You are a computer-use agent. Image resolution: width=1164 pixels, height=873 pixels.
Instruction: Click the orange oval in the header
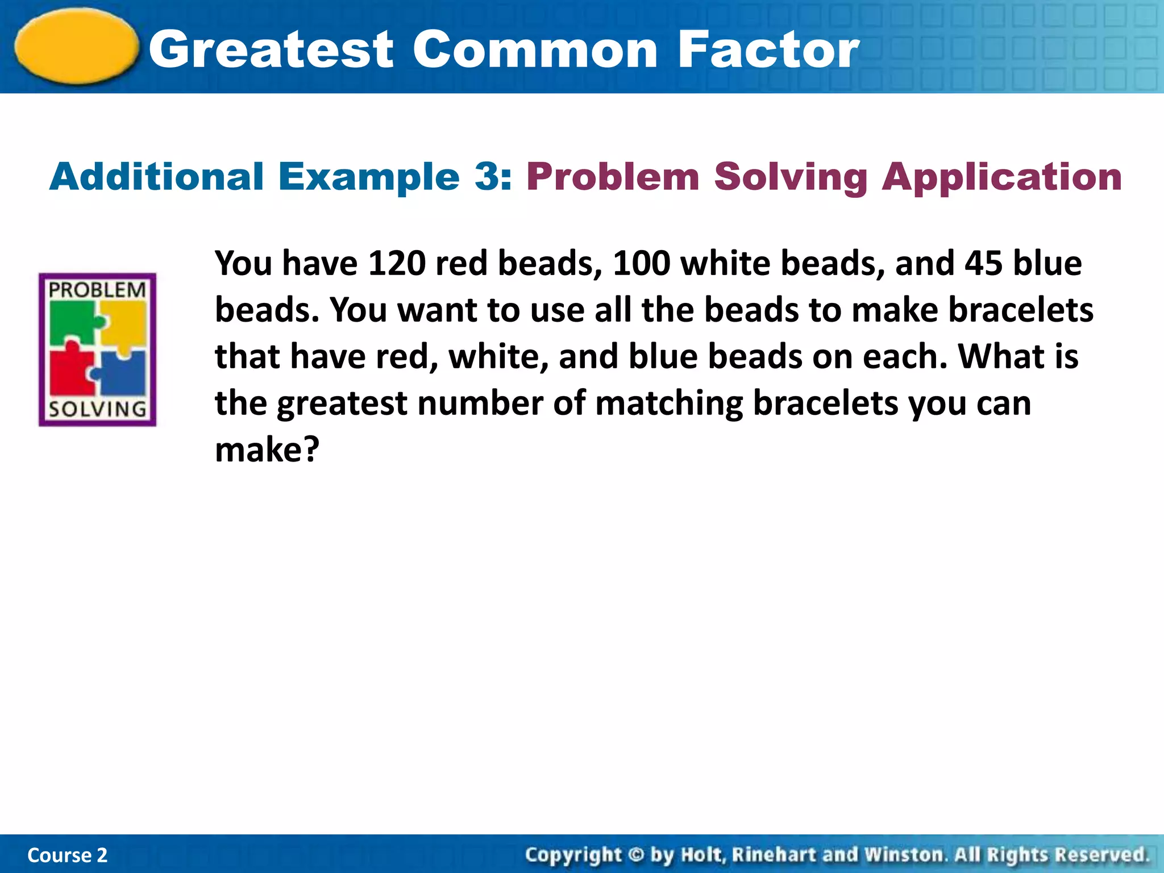[x=77, y=47]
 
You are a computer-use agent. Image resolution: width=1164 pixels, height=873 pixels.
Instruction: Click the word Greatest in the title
[x=271, y=50]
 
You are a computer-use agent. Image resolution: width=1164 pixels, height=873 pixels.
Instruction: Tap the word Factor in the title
[x=768, y=50]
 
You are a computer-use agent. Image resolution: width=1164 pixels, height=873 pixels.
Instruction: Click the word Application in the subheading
[x=1002, y=177]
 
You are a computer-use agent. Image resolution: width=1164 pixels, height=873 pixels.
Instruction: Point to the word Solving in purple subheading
[x=791, y=177]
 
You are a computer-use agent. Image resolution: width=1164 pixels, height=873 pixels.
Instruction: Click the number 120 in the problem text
[x=397, y=264]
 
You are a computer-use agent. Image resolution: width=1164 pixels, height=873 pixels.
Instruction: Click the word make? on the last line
[x=267, y=450]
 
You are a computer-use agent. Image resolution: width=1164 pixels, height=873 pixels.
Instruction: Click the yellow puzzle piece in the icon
[x=125, y=321]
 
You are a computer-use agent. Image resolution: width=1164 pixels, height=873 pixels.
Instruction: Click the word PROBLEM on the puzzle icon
[x=97, y=290]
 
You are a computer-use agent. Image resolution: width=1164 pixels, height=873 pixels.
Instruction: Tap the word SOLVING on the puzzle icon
[x=97, y=409]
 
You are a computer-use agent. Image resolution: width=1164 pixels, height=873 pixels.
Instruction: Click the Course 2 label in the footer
[x=67, y=855]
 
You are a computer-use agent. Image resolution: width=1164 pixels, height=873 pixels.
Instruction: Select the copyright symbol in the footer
[x=636, y=855]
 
